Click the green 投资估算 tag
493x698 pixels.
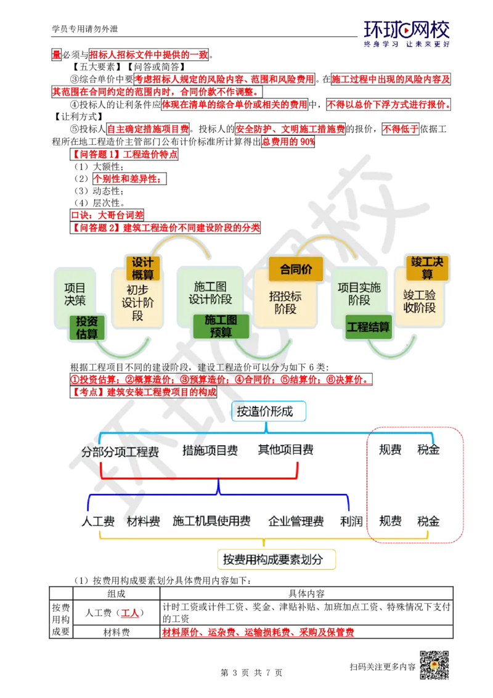(x=87, y=327)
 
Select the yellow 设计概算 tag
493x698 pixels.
(x=142, y=268)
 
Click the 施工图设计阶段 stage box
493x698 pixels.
(x=210, y=293)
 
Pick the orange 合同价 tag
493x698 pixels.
(x=296, y=269)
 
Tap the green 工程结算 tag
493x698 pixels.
(x=369, y=327)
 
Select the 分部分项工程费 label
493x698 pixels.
(x=120, y=451)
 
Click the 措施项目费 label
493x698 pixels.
(x=210, y=451)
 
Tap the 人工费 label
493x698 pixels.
(x=97, y=522)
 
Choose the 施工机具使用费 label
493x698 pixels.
(x=211, y=522)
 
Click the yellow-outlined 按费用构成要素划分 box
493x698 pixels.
(x=280, y=560)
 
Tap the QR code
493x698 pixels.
(x=433, y=665)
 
